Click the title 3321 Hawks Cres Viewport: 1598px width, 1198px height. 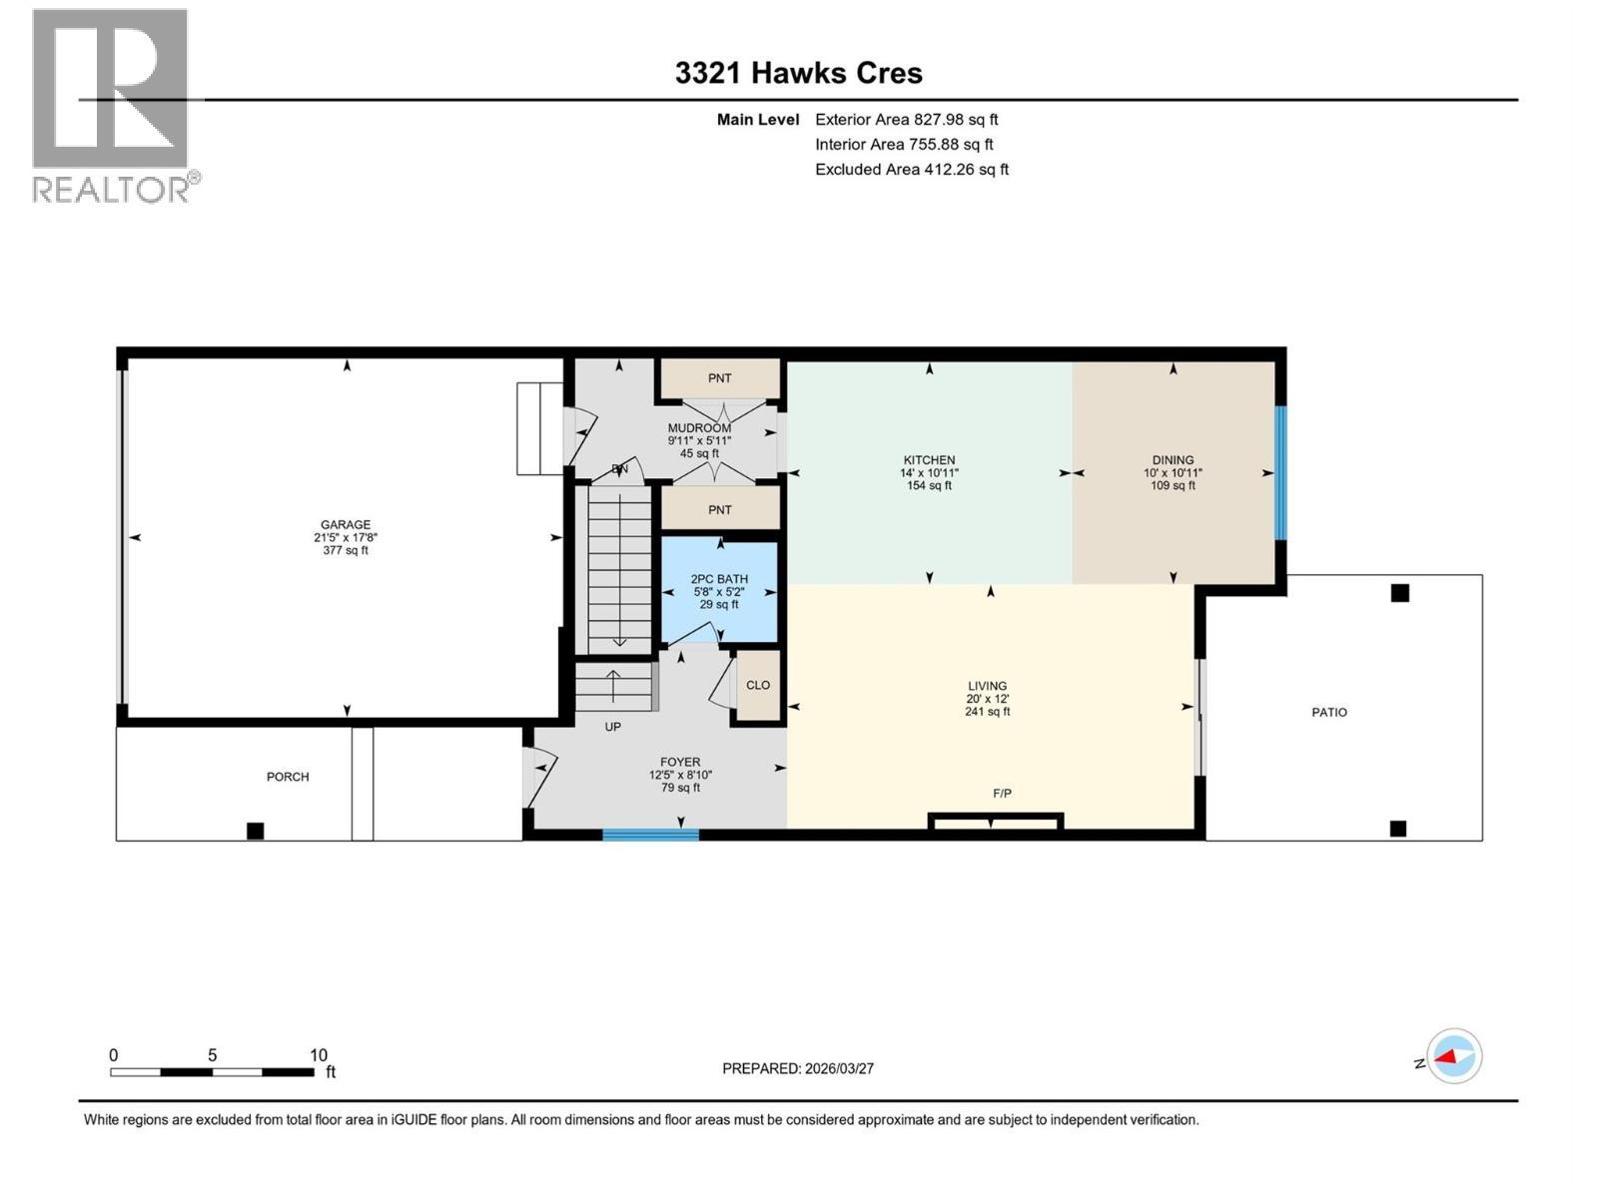[798, 73]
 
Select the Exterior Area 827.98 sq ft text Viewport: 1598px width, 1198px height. [906, 119]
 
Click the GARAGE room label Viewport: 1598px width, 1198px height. [346, 537]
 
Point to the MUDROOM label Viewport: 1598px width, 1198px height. [699, 440]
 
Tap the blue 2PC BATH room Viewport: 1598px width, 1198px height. [719, 591]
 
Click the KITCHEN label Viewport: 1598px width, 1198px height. [929, 472]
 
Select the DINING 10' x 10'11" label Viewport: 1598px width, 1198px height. [1173, 472]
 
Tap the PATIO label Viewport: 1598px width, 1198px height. [1328, 712]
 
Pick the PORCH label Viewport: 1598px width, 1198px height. [288, 776]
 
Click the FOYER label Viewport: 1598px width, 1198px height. [680, 774]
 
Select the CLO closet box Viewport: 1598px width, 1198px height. [758, 685]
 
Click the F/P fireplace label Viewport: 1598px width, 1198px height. [1002, 793]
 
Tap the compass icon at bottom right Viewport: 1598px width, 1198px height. [1454, 1056]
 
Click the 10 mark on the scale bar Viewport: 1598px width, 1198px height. [318, 1055]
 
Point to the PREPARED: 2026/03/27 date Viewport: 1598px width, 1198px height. [798, 1068]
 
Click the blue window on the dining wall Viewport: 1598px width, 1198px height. [1280, 472]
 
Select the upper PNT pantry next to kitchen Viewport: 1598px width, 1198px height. [719, 378]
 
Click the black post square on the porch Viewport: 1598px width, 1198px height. [256, 831]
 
